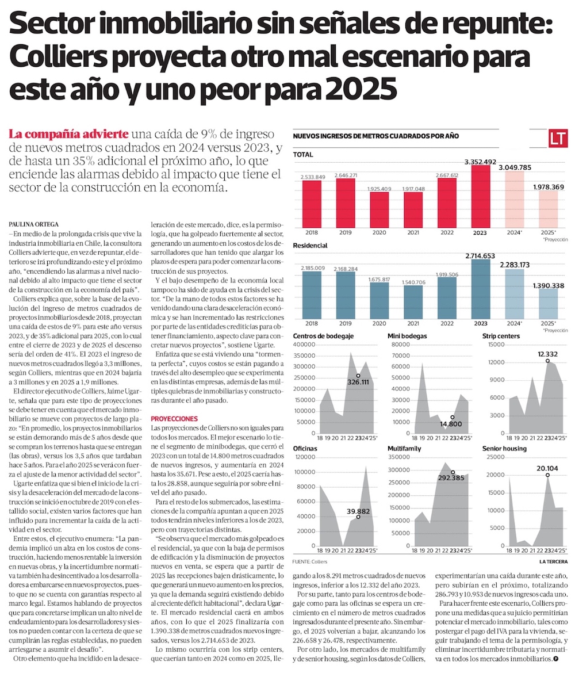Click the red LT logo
coord(558,139)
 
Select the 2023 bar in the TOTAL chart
coord(481,197)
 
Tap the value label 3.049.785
coord(515,167)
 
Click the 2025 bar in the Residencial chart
coord(549,304)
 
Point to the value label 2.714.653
coord(480,256)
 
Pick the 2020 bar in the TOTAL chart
coord(379,210)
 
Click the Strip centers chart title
coord(501,336)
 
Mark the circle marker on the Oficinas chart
coord(358,517)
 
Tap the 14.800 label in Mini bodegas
coord(451,423)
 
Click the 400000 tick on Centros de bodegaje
coord(304,345)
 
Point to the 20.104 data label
coord(547,468)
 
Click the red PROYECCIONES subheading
coord(174,419)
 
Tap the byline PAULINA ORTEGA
coord(33,224)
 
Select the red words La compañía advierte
coord(68,134)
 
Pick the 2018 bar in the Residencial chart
coord(312,295)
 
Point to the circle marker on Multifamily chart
coord(453,472)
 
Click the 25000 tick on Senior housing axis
coord(496,457)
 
